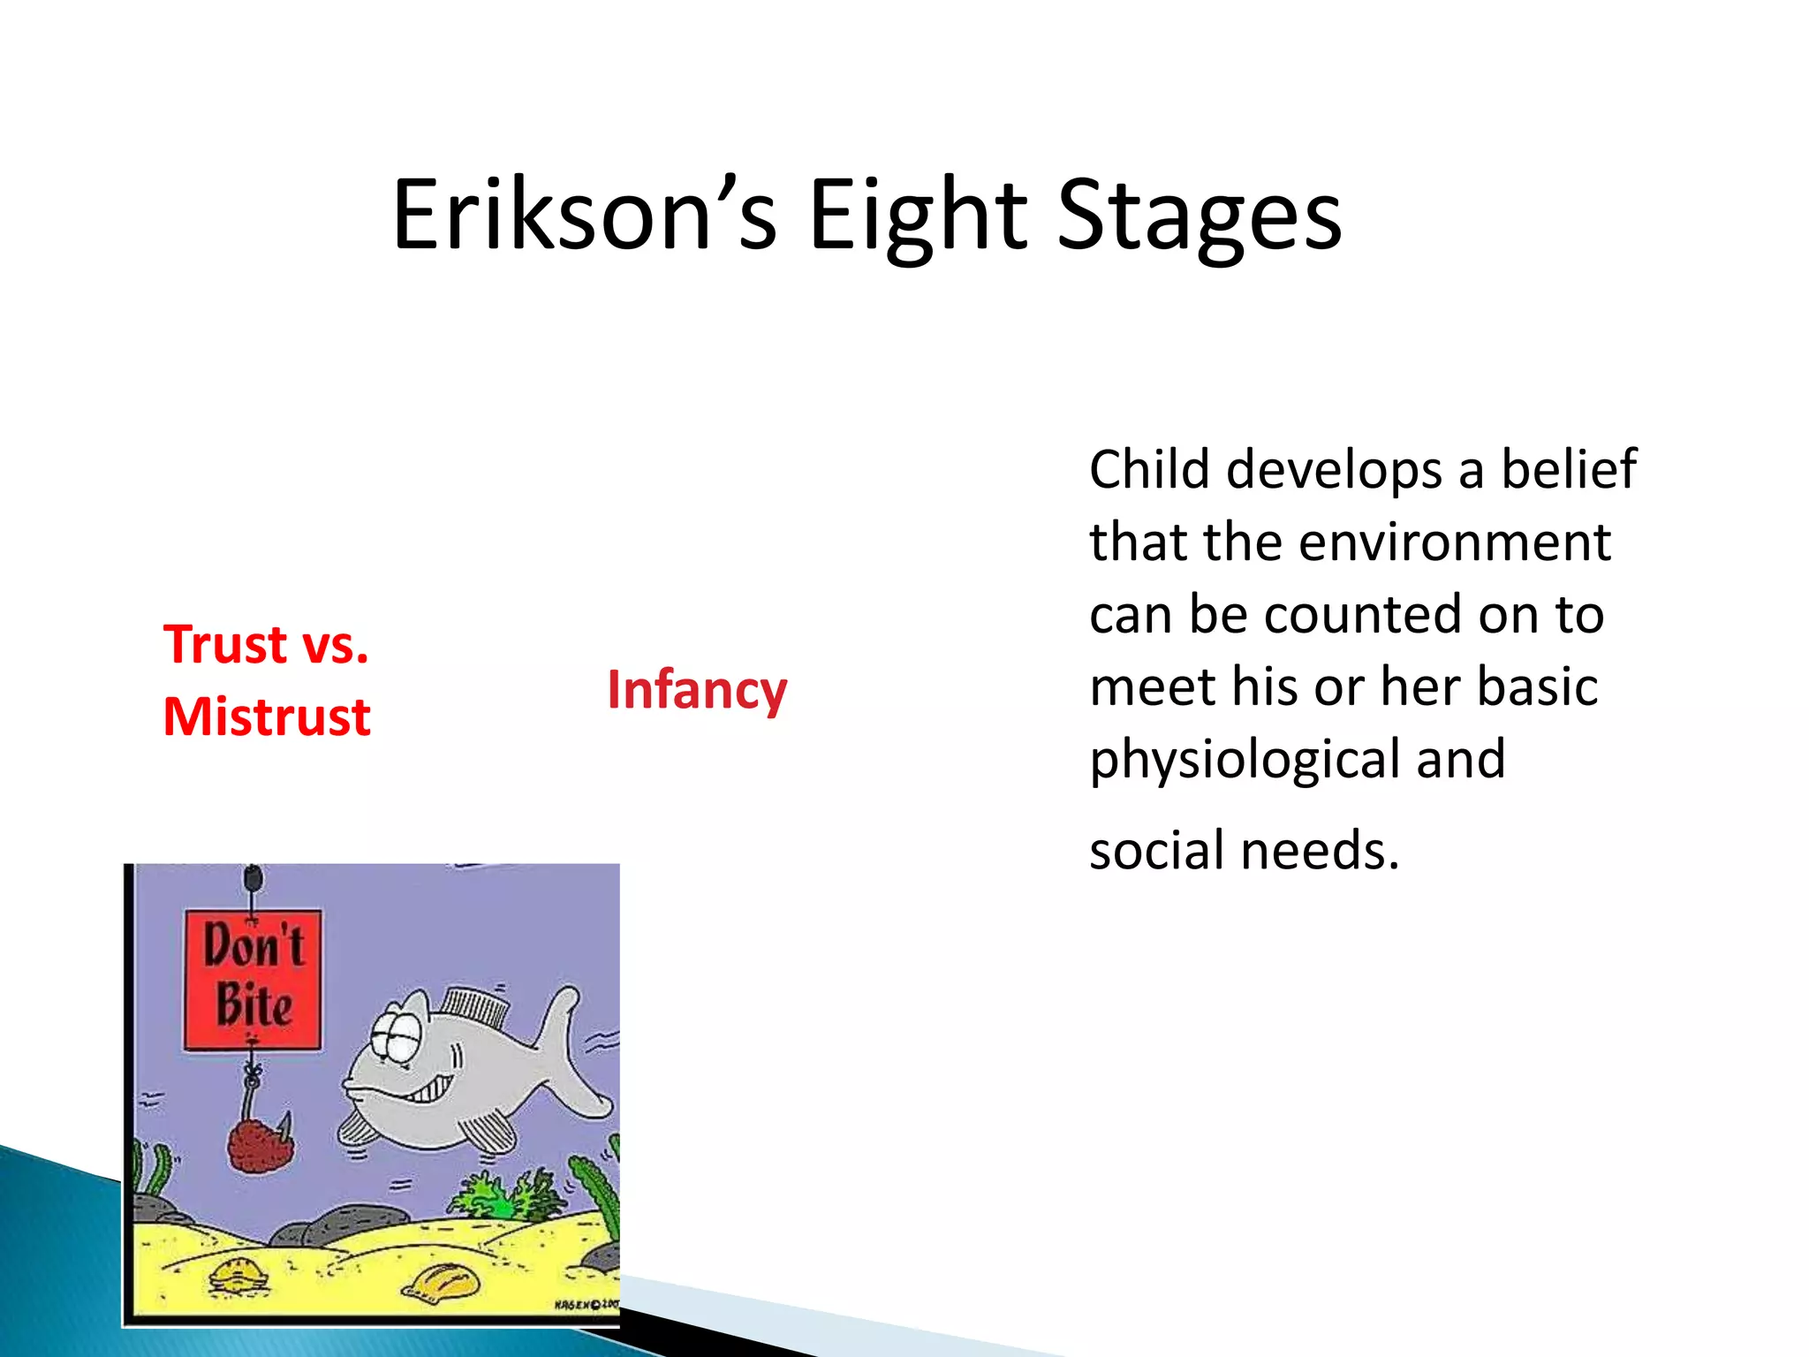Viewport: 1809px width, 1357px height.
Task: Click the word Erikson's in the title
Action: tap(584, 215)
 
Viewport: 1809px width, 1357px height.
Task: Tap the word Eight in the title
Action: tap(919, 215)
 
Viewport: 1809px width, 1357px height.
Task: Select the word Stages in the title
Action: tap(1199, 215)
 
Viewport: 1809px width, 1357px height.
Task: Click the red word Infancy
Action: tap(697, 690)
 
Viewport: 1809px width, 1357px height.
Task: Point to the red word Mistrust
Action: tap(267, 716)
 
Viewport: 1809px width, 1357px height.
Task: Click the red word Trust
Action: tap(226, 644)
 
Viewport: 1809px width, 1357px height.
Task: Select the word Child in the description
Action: tap(1148, 469)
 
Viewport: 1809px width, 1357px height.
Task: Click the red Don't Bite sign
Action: tap(253, 979)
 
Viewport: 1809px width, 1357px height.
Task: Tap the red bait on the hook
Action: tap(258, 1145)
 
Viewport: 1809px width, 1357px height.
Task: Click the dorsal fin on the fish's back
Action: tap(475, 1004)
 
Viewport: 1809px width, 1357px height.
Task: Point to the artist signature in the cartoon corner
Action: tap(586, 1304)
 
